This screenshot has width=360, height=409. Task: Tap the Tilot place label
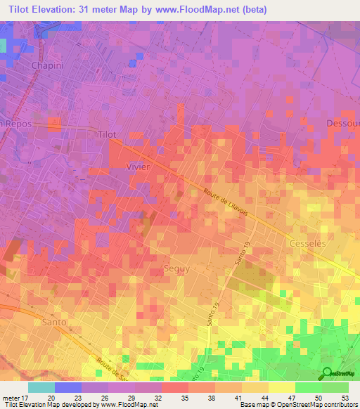pos(107,134)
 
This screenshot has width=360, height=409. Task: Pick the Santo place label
pos(54,322)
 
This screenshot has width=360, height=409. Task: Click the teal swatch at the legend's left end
pos(41,387)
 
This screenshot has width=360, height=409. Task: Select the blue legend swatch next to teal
pos(67,387)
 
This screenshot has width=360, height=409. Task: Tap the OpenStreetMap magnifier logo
pos(326,372)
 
